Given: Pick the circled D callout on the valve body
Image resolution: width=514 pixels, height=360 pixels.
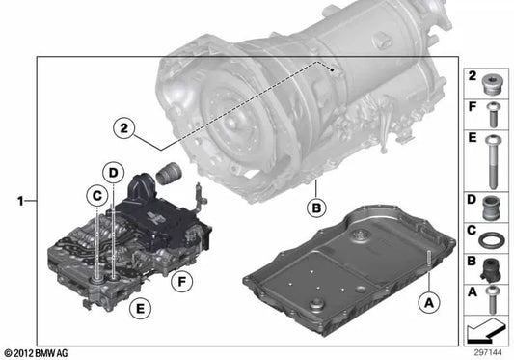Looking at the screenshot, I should (x=113, y=174).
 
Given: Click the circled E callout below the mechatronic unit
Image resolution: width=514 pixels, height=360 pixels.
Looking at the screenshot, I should (x=142, y=309).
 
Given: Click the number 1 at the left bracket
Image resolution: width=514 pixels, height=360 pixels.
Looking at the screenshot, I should (x=20, y=201).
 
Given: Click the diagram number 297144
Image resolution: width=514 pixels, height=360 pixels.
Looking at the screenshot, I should (x=487, y=352).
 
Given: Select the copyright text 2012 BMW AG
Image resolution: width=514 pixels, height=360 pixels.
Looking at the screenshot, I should (x=40, y=352).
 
